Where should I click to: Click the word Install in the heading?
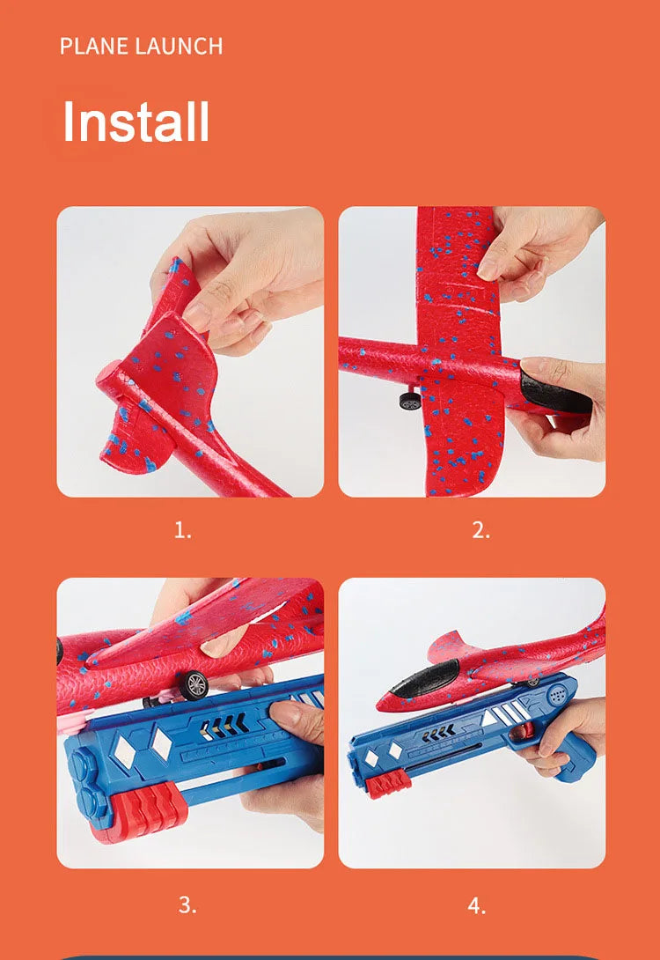pyautogui.click(x=136, y=121)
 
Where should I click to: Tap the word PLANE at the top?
pyautogui.click(x=94, y=47)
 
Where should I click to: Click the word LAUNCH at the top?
pyautogui.click(x=179, y=47)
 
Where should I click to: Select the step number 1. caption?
pyautogui.click(x=183, y=529)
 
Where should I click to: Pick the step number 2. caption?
pyautogui.click(x=480, y=529)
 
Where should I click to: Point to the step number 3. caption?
pyautogui.click(x=187, y=905)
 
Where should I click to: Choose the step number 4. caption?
pyautogui.click(x=476, y=905)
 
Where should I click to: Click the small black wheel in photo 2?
pyautogui.click(x=410, y=402)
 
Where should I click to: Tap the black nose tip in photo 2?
pyautogui.click(x=554, y=392)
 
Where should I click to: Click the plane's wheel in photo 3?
pyautogui.click(x=194, y=685)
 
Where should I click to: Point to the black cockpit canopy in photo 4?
pyautogui.click(x=425, y=678)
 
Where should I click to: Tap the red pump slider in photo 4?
pyautogui.click(x=388, y=784)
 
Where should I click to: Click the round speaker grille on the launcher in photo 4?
pyautogui.click(x=556, y=694)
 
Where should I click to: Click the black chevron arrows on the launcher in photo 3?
pyautogui.click(x=224, y=725)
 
